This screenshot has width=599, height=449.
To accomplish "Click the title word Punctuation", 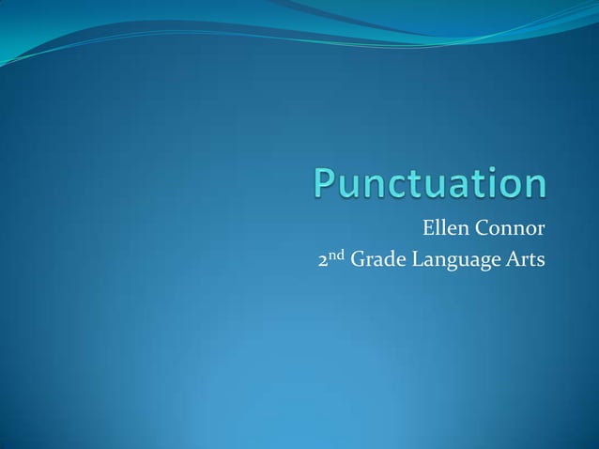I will [430, 183].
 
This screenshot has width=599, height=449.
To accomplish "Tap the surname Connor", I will [512, 227].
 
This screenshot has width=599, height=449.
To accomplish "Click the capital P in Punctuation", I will [325, 183].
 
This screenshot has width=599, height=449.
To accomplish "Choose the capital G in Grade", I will [357, 260].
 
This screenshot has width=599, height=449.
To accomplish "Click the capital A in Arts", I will [513, 260].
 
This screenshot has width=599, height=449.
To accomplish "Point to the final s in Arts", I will [540, 262].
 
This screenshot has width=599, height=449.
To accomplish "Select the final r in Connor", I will [541, 229].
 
